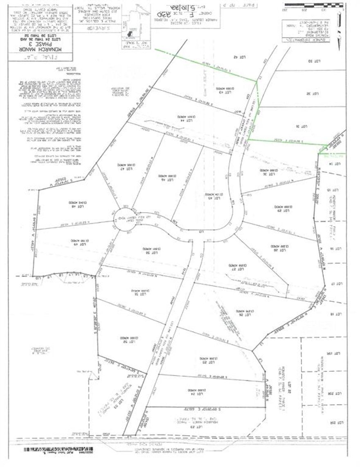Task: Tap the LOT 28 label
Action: tap(274, 246)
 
